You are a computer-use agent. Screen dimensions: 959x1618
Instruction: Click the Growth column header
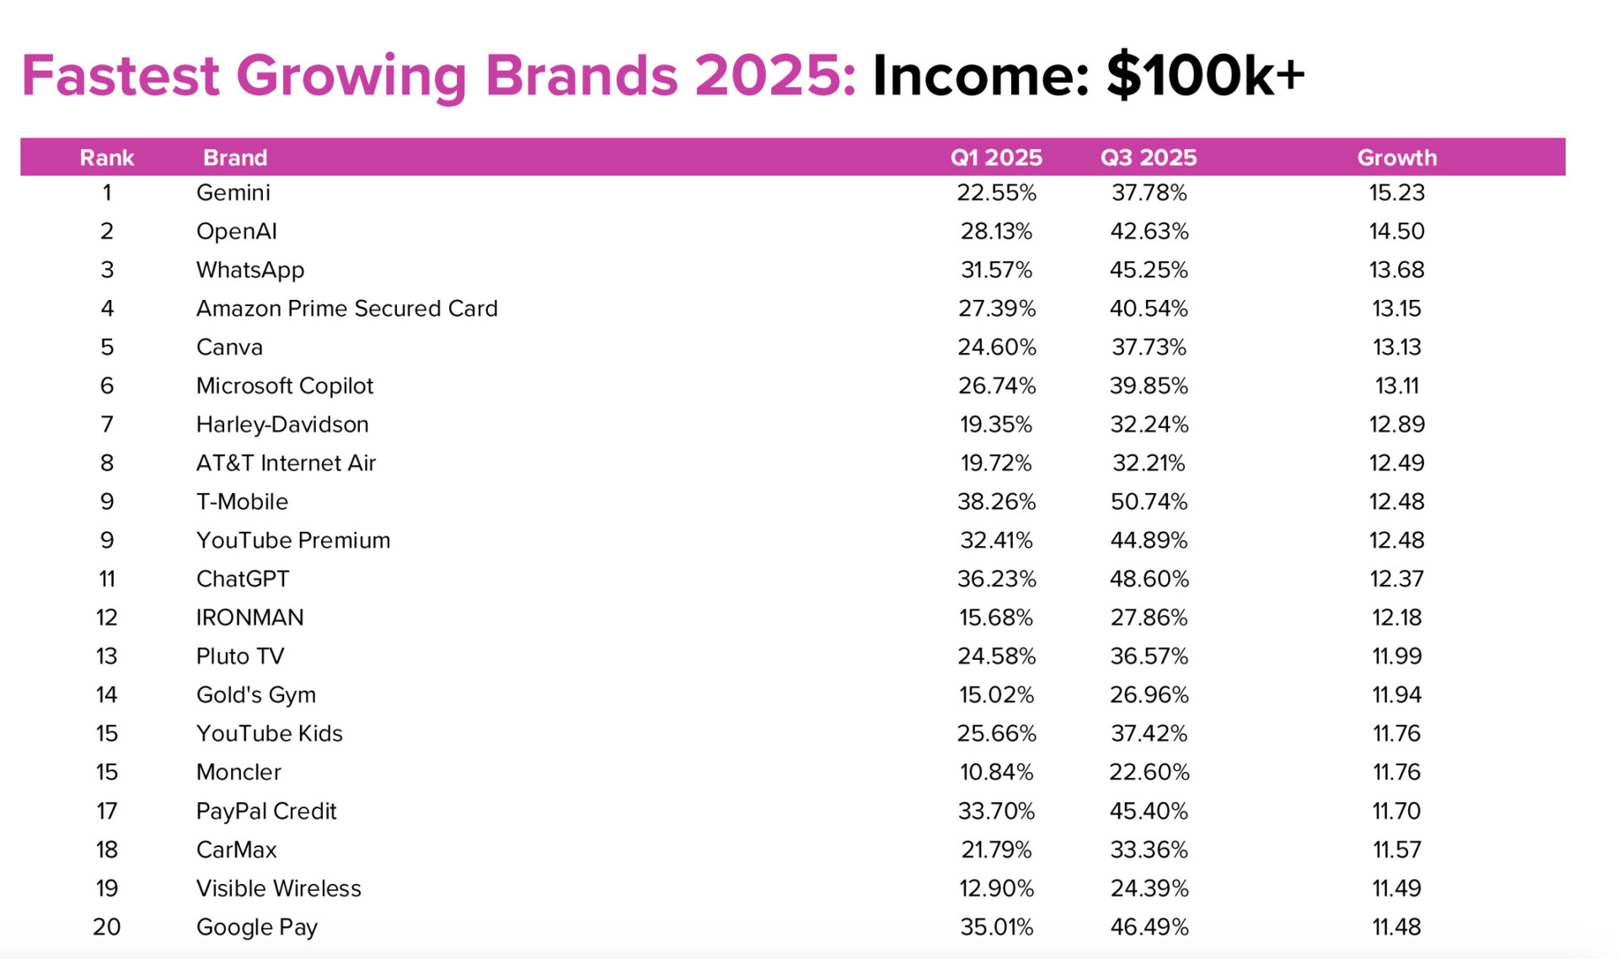click(x=1396, y=158)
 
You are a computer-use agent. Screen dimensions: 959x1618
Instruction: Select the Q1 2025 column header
click(x=996, y=158)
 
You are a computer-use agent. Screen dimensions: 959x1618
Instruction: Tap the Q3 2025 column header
click(x=1149, y=158)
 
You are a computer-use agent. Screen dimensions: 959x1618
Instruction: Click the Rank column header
click(x=106, y=158)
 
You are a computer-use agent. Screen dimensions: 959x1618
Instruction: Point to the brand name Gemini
click(x=233, y=193)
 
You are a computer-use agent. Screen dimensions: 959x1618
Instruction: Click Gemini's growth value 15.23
click(x=1396, y=193)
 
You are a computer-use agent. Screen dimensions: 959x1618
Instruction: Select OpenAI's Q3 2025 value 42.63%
click(x=1149, y=232)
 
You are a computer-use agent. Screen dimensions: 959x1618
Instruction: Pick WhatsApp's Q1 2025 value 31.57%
click(x=996, y=271)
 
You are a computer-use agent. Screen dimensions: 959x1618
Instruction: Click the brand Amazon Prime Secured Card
click(x=346, y=308)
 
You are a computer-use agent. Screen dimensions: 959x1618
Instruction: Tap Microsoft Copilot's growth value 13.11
click(x=1396, y=386)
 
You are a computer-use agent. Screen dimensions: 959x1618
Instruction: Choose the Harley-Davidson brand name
click(x=282, y=425)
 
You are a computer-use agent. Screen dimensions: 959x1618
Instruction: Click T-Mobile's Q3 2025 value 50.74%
click(x=1149, y=502)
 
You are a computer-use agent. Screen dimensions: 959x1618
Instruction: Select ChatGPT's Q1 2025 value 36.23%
click(x=996, y=579)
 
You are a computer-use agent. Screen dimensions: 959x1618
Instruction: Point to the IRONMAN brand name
click(x=249, y=618)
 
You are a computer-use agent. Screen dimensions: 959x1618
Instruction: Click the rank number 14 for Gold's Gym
click(x=106, y=695)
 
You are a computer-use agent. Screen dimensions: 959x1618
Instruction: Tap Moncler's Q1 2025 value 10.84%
click(x=996, y=773)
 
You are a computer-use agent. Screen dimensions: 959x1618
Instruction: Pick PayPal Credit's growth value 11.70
click(x=1396, y=812)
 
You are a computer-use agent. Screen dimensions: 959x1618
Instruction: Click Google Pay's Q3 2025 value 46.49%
click(x=1149, y=927)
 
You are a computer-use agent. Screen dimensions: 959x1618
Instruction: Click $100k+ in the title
click(x=1205, y=76)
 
